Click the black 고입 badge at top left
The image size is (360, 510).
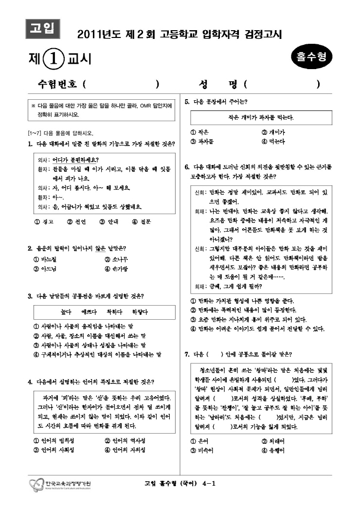(x=42, y=28)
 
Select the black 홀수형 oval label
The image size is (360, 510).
(x=311, y=57)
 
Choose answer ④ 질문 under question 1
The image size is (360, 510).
(x=142, y=221)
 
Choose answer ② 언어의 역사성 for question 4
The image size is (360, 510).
(x=125, y=441)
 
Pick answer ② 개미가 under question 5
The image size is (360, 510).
(x=274, y=132)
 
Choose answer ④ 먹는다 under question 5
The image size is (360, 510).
(x=274, y=142)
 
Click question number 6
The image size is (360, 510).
(x=187, y=167)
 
